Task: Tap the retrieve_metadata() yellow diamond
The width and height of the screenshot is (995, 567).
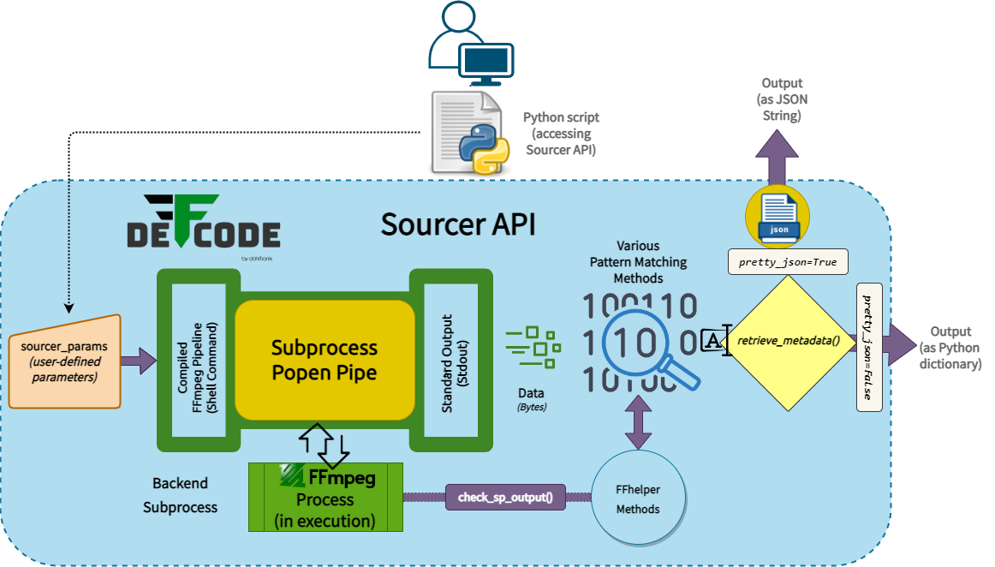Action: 788,341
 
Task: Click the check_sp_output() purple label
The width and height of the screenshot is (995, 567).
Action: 505,498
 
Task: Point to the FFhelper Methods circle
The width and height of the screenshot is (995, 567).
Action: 638,498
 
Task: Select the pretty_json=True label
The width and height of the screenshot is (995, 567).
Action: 788,261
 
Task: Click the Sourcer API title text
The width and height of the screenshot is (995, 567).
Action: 458,224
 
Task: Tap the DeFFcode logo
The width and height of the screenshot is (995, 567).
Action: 203,224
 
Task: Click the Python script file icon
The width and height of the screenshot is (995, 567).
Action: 468,133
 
